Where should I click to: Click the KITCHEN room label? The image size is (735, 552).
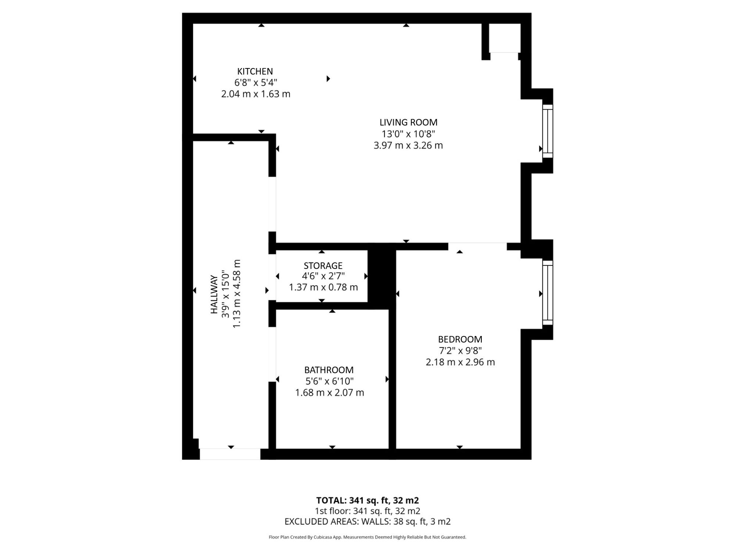(255, 71)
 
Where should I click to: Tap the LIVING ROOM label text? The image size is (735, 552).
(408, 122)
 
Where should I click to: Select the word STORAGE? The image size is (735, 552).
(323, 265)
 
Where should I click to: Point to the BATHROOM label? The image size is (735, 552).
(329, 370)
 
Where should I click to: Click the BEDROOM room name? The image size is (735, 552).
(460, 339)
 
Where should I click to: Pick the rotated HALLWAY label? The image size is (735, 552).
(214, 294)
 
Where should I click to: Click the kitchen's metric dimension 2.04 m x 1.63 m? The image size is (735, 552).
(256, 94)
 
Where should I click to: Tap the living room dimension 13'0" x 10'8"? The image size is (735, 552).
(408, 134)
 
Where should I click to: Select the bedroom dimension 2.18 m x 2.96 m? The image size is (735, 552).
(460, 362)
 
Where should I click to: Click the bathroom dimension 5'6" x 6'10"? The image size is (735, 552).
(330, 381)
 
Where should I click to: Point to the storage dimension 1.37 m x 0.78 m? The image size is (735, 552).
(323, 287)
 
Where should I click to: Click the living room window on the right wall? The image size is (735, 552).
(548, 131)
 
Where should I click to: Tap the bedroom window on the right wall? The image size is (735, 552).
(548, 293)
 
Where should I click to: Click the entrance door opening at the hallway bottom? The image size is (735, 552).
(230, 454)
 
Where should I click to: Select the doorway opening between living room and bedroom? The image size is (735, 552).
(477, 247)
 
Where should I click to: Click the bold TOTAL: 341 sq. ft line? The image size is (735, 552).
(367, 500)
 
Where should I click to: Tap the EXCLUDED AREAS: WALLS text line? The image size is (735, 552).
(367, 521)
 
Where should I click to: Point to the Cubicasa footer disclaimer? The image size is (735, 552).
(367, 537)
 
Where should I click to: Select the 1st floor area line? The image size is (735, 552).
(367, 511)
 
